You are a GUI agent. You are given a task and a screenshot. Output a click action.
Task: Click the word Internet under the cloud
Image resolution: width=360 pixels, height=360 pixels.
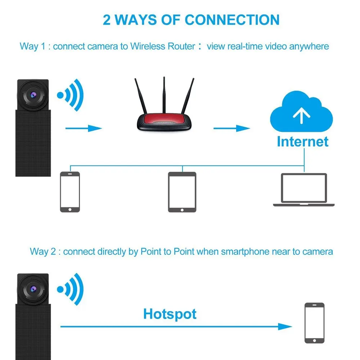(x=302, y=141)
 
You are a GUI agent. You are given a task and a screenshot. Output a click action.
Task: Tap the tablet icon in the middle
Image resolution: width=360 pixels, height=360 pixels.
(x=182, y=192)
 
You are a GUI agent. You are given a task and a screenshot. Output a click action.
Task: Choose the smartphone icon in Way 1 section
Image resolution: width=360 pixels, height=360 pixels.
(x=70, y=192)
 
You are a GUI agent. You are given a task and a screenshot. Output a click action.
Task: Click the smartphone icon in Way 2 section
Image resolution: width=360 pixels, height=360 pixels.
(x=314, y=323)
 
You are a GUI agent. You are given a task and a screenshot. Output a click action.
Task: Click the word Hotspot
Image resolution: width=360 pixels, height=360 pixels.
(x=170, y=314)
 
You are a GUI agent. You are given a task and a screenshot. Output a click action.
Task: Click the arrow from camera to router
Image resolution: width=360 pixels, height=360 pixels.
(x=84, y=128)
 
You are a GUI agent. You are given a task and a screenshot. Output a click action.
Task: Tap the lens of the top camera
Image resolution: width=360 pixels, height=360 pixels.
(x=33, y=95)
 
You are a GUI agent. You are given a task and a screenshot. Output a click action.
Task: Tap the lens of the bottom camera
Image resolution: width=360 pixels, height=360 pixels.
(x=33, y=288)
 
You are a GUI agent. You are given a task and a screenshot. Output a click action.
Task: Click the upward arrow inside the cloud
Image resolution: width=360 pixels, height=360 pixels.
(x=302, y=115)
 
